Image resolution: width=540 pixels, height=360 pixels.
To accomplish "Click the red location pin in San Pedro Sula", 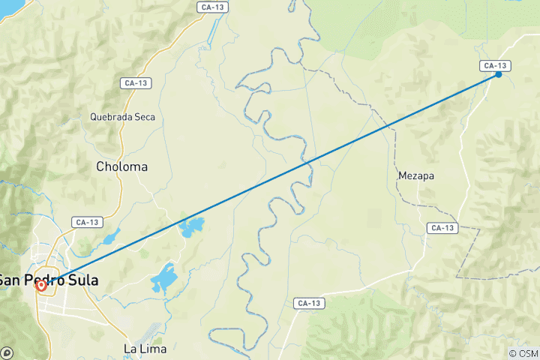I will (41, 285).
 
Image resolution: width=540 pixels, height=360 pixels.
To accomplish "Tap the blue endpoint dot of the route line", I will (499, 74).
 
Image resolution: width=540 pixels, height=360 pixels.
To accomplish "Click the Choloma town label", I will (121, 166).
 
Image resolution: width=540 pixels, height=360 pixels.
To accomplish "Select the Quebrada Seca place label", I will (121, 117).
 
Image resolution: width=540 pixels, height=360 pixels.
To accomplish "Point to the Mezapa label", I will (416, 175).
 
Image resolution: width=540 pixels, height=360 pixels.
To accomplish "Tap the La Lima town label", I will (144, 349).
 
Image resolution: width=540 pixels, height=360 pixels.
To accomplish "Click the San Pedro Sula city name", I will (49, 280).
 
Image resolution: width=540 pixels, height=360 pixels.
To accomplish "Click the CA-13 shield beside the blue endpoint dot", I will (495, 65).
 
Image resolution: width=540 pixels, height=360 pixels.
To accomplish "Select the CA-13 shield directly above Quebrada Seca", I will (136, 82).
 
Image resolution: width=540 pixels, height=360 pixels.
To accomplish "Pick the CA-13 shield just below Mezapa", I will (442, 227).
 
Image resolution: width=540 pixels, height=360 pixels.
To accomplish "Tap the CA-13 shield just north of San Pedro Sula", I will (87, 222).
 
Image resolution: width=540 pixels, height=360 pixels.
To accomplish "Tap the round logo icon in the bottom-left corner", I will (7, 352).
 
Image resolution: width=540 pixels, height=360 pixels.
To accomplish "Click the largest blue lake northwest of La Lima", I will (164, 278).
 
